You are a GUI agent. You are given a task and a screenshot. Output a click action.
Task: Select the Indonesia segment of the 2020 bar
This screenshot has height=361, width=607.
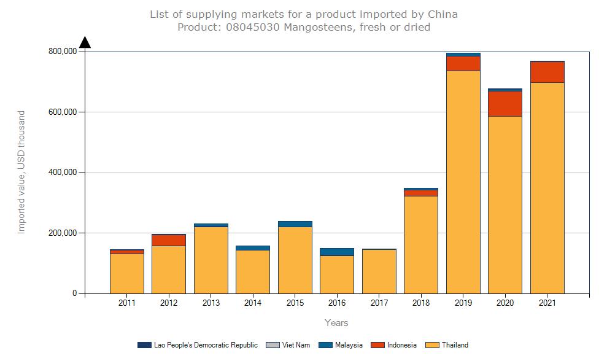click(505, 103)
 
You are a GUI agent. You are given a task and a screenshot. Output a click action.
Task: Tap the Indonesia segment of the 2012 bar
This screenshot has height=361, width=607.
click(169, 240)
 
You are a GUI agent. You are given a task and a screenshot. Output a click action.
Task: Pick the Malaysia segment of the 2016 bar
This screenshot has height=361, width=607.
click(337, 252)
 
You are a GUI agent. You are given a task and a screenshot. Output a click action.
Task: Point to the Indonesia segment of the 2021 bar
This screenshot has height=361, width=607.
click(547, 72)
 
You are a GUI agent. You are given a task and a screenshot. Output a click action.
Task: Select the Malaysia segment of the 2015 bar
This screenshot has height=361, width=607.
click(295, 224)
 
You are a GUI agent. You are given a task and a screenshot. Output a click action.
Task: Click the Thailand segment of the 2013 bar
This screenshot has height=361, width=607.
click(211, 260)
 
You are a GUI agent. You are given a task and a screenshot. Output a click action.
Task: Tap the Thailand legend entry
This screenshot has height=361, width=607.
click(454, 345)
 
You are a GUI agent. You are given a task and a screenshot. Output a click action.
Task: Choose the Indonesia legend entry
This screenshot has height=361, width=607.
click(401, 345)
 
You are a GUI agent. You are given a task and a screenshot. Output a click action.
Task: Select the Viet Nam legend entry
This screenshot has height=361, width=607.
click(295, 345)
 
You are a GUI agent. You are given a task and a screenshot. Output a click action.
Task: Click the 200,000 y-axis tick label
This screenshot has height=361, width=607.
click(62, 233)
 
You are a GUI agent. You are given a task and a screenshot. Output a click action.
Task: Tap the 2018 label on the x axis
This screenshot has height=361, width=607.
click(420, 303)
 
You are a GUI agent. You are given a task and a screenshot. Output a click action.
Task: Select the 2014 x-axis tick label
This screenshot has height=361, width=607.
click(253, 303)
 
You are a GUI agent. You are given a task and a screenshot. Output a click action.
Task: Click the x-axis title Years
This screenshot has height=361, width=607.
click(336, 323)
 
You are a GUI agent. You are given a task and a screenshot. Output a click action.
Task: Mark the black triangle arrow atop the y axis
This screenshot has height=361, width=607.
click(85, 42)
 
